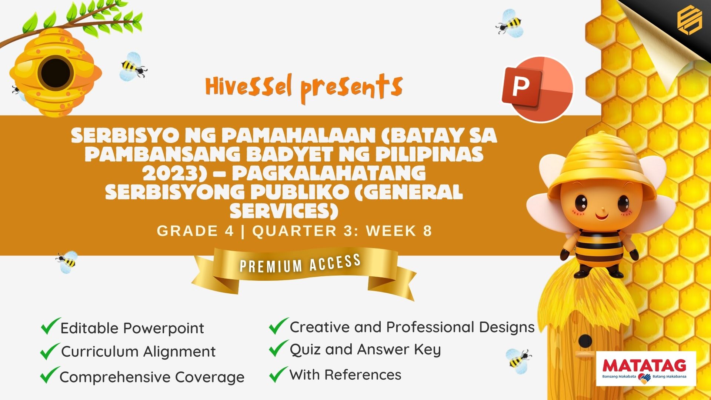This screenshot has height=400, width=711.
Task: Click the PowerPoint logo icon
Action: coord(537,89)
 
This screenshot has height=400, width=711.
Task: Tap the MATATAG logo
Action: coord(646,369)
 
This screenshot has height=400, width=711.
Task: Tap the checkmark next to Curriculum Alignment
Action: coord(50,351)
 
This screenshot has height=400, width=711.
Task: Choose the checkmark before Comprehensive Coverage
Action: coord(50,375)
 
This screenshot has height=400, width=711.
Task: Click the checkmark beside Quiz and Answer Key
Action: coord(278,348)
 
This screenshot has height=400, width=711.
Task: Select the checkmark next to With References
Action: coord(278,374)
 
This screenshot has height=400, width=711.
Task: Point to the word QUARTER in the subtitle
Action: coord(295,231)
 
